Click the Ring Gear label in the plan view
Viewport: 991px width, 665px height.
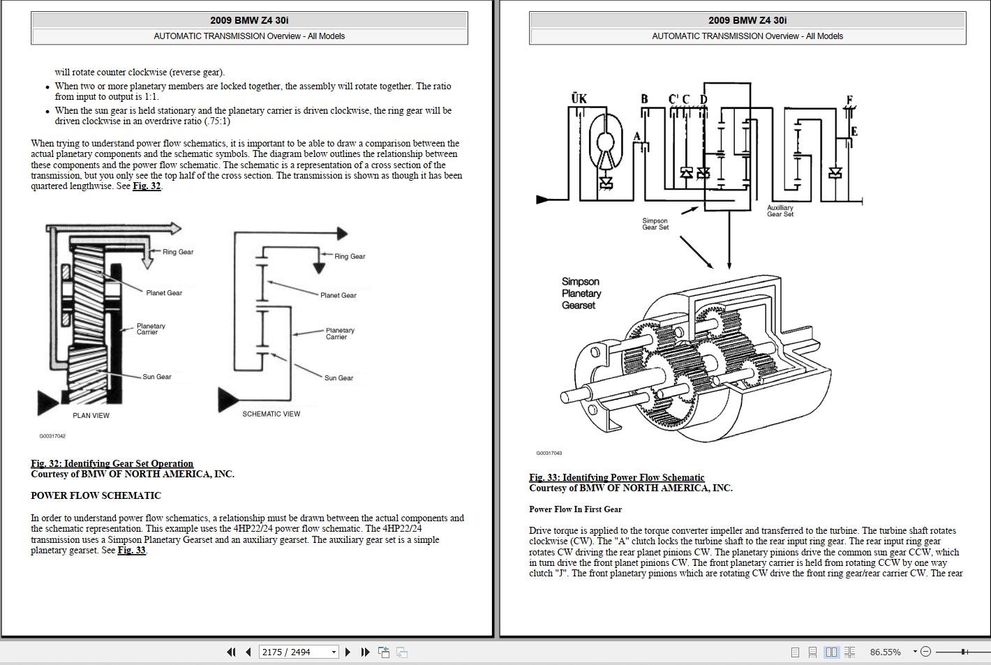[178, 252]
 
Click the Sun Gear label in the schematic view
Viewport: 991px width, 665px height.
[338, 378]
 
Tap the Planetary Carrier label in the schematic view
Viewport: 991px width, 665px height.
[340, 334]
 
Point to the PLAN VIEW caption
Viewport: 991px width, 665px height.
[91, 416]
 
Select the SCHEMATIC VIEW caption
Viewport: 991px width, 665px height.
[271, 414]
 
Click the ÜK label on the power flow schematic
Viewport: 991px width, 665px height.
[579, 98]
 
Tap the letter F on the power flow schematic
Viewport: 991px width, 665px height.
[849, 100]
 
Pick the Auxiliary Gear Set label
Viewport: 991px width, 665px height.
[780, 211]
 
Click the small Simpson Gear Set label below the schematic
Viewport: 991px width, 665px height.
[655, 224]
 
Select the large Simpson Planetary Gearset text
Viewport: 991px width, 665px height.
[581, 293]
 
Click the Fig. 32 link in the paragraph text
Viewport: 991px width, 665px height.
[147, 186]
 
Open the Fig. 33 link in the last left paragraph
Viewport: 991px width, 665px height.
[131, 551]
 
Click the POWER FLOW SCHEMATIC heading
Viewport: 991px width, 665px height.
[96, 496]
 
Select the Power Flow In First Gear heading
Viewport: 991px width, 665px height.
[575, 509]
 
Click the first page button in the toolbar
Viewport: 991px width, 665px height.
[231, 652]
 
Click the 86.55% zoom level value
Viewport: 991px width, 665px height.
[885, 652]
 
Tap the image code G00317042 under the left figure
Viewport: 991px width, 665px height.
[52, 436]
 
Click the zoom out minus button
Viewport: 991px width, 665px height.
[926, 652]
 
